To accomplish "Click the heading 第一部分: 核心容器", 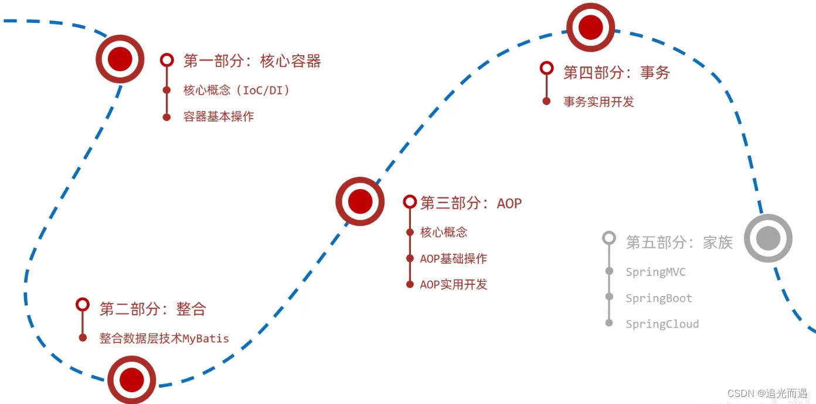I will (x=252, y=61).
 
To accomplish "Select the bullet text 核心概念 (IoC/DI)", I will (x=236, y=90).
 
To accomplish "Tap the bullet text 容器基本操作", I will (x=219, y=116).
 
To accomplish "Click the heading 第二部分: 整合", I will (x=153, y=309).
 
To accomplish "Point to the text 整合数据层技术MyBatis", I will (x=164, y=338).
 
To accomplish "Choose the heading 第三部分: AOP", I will (x=471, y=203).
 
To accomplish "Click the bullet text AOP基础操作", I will (x=453, y=258).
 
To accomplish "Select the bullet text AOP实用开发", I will (x=453, y=284).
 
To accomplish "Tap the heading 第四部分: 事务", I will (x=616, y=72).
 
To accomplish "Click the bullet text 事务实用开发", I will (x=599, y=102).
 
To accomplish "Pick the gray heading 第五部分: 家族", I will (x=679, y=242).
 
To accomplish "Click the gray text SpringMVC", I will (x=655, y=272).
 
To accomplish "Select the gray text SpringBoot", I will (x=659, y=298).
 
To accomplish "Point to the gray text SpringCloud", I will (x=662, y=324).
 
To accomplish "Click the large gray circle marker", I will (x=768, y=238).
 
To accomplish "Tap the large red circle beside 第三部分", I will (x=360, y=201).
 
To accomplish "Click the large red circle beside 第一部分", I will (x=120, y=59).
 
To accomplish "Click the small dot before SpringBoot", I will (x=609, y=297).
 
